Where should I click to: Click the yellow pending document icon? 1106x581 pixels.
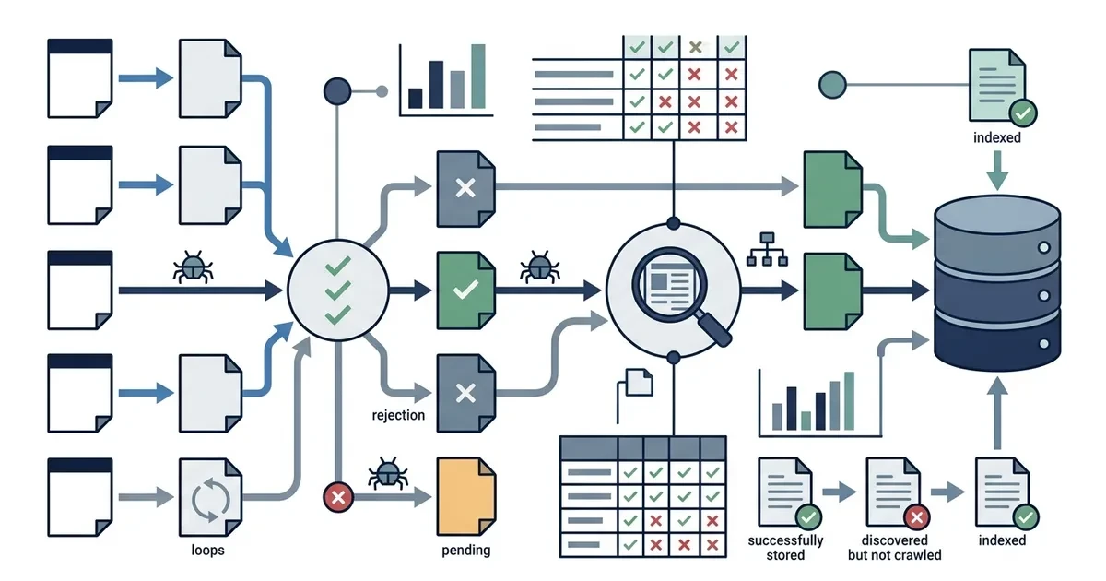point(466,496)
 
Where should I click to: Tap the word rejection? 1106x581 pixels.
point(398,415)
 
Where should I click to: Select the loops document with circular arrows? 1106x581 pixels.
point(210,497)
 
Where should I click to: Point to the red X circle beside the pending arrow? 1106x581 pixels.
point(338,497)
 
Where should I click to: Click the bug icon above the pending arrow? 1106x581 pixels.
point(388,473)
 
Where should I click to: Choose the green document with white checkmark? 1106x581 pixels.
point(466,290)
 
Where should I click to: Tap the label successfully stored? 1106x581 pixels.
point(785,548)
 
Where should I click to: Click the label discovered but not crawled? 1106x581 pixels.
point(895,548)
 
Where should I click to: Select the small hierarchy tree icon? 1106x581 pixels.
point(767,250)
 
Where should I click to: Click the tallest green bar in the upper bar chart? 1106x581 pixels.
point(478,76)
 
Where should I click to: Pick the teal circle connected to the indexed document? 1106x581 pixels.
point(832,85)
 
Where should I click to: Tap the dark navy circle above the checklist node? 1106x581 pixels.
point(337,91)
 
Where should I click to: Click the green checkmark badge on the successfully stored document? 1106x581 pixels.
point(809,517)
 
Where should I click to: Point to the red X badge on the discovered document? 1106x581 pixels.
point(917,517)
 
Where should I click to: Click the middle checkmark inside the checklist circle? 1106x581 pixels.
point(338,290)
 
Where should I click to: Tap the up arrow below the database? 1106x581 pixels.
point(997,413)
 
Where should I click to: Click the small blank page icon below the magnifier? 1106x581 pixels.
point(639,382)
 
